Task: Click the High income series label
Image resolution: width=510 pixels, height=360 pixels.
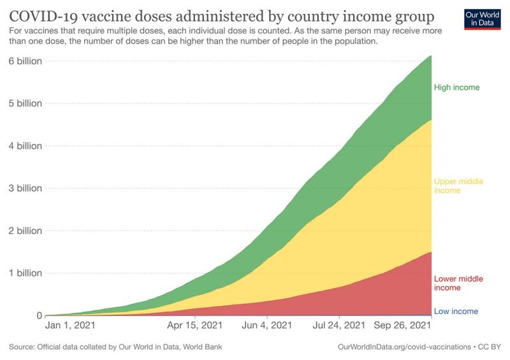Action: pyautogui.click(x=456, y=87)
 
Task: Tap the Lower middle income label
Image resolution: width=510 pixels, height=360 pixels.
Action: pyautogui.click(x=458, y=284)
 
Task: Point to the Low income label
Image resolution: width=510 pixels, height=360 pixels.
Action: pyautogui.click(x=456, y=312)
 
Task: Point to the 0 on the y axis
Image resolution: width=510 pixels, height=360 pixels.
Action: pyautogui.click(x=40, y=315)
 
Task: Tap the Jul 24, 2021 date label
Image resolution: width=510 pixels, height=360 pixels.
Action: pyautogui.click(x=339, y=326)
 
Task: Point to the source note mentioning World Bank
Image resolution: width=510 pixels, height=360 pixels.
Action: pyautogui.click(x=116, y=347)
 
